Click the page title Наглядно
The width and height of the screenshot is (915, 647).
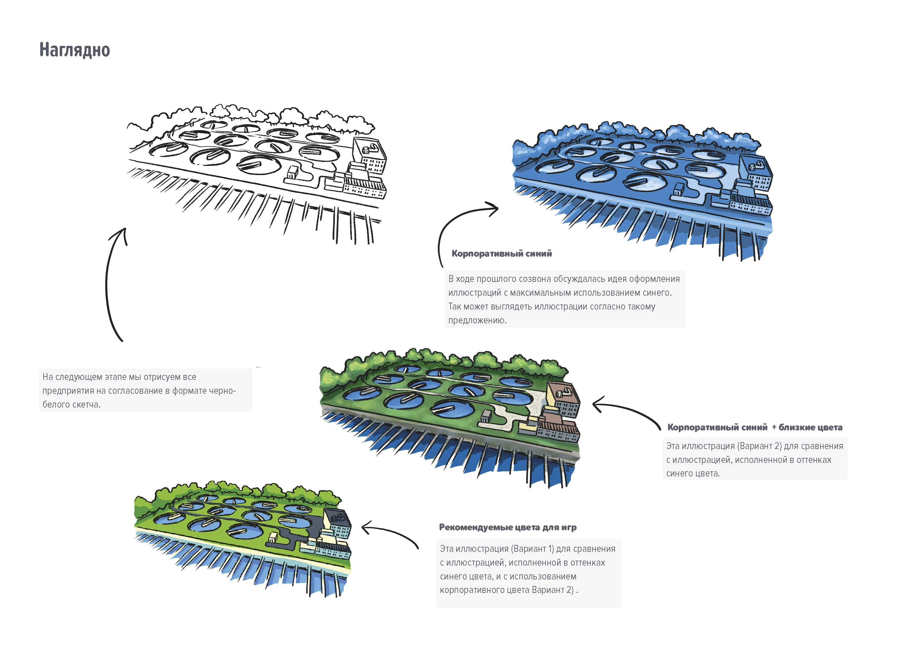click(x=74, y=50)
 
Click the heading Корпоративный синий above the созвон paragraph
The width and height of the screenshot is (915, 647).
click(x=501, y=254)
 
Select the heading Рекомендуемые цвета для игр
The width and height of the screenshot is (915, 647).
click(x=507, y=527)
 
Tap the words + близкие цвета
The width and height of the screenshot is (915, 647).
click(x=807, y=427)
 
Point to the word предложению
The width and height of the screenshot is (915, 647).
click(x=477, y=320)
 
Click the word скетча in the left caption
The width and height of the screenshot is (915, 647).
click(x=86, y=405)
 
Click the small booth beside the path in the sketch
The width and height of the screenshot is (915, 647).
click(x=293, y=173)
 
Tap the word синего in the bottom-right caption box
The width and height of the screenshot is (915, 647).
click(x=459, y=576)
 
